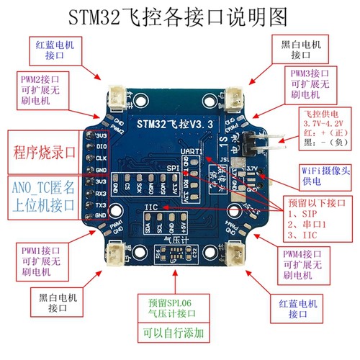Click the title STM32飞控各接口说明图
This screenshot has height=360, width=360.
179,16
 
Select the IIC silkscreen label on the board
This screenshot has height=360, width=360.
150,207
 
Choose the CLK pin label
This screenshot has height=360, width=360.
102,157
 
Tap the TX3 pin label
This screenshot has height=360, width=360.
102,204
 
